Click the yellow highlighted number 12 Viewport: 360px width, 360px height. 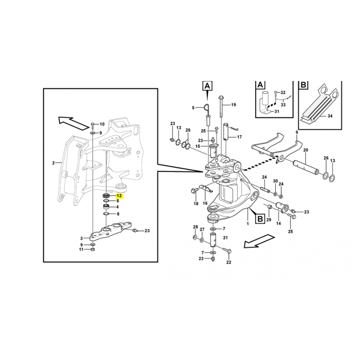pos(119,196)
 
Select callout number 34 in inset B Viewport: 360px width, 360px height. pos(330,116)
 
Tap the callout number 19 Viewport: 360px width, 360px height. pos(234,105)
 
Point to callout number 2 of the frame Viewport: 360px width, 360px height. pos(53,163)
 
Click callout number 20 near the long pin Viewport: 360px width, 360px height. pos(306,150)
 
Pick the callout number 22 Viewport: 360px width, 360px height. pos(229,262)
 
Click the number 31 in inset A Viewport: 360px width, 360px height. pos(277,111)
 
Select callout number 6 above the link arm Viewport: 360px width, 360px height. pos(297,132)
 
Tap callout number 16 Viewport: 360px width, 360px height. pos(205,203)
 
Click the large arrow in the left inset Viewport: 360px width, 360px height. pos(73,123)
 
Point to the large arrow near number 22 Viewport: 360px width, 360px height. pos(259,241)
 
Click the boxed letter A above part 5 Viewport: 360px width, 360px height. pos(207,86)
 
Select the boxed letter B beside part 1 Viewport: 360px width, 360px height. pos(260,218)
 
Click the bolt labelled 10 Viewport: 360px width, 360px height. pos(93,125)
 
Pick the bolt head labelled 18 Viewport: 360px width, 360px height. pos(193,190)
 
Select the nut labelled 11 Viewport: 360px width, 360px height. pos(93,250)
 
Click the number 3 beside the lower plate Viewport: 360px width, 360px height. pos(81,238)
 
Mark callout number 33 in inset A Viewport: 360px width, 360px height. pos(283,105)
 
